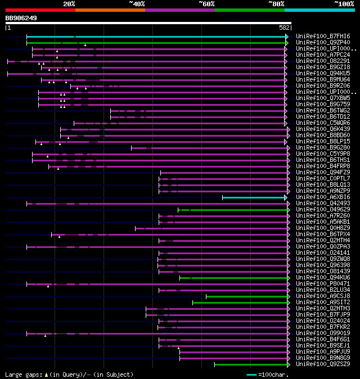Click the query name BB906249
[21, 18]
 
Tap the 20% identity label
[69, 3]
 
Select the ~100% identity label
[344, 3]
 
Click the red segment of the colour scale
[40, 10]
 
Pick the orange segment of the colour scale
[110, 10]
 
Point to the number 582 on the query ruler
[284, 27]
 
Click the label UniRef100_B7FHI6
[322, 36]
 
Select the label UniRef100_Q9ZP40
[322, 42]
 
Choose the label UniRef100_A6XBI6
[322, 197]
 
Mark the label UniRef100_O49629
[322, 210]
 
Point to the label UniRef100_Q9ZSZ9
[322, 364]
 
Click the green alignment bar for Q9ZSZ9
[251, 364]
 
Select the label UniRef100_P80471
[322, 284]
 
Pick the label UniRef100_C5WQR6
[322, 123]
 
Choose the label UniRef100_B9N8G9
[322, 358]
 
